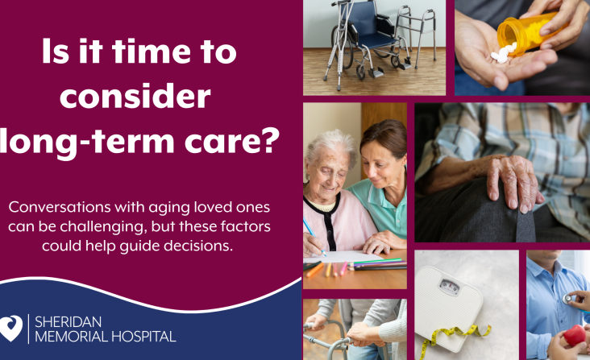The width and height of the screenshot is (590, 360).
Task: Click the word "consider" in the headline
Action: [135, 96]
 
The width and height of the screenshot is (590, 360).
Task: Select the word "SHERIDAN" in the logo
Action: [68, 322]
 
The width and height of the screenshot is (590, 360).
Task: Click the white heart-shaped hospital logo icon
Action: [11, 328]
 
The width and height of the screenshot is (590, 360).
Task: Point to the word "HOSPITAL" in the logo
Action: [143, 337]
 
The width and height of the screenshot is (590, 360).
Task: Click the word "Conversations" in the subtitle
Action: [60, 207]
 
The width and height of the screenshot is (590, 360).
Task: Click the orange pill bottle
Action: [529, 32]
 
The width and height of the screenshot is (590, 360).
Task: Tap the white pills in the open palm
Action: [503, 53]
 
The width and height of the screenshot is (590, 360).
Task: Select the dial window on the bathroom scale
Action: [449, 287]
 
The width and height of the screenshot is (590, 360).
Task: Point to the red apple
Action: [575, 335]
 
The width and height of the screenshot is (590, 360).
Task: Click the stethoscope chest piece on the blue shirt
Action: [567, 299]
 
